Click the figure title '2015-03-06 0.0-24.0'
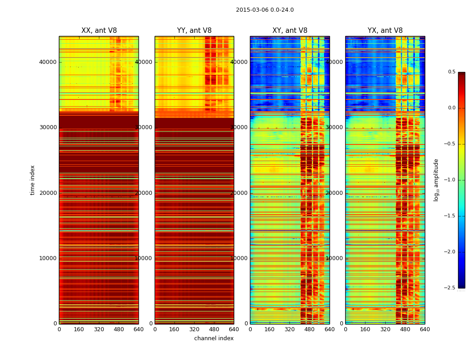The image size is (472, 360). (x=265, y=10)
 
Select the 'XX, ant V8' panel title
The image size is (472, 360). (x=99, y=31)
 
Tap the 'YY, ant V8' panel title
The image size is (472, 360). (x=194, y=31)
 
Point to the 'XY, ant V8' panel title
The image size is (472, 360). (x=290, y=31)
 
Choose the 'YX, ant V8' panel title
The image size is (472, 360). (x=385, y=31)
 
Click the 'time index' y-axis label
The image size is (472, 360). (x=32, y=180)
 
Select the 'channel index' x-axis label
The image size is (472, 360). (x=214, y=338)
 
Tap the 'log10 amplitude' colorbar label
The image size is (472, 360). (x=436, y=180)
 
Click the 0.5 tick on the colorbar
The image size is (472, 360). (x=451, y=72)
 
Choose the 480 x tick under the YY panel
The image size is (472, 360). (x=214, y=329)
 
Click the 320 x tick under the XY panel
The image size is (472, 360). (x=290, y=329)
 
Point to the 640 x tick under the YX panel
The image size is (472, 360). (x=425, y=329)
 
